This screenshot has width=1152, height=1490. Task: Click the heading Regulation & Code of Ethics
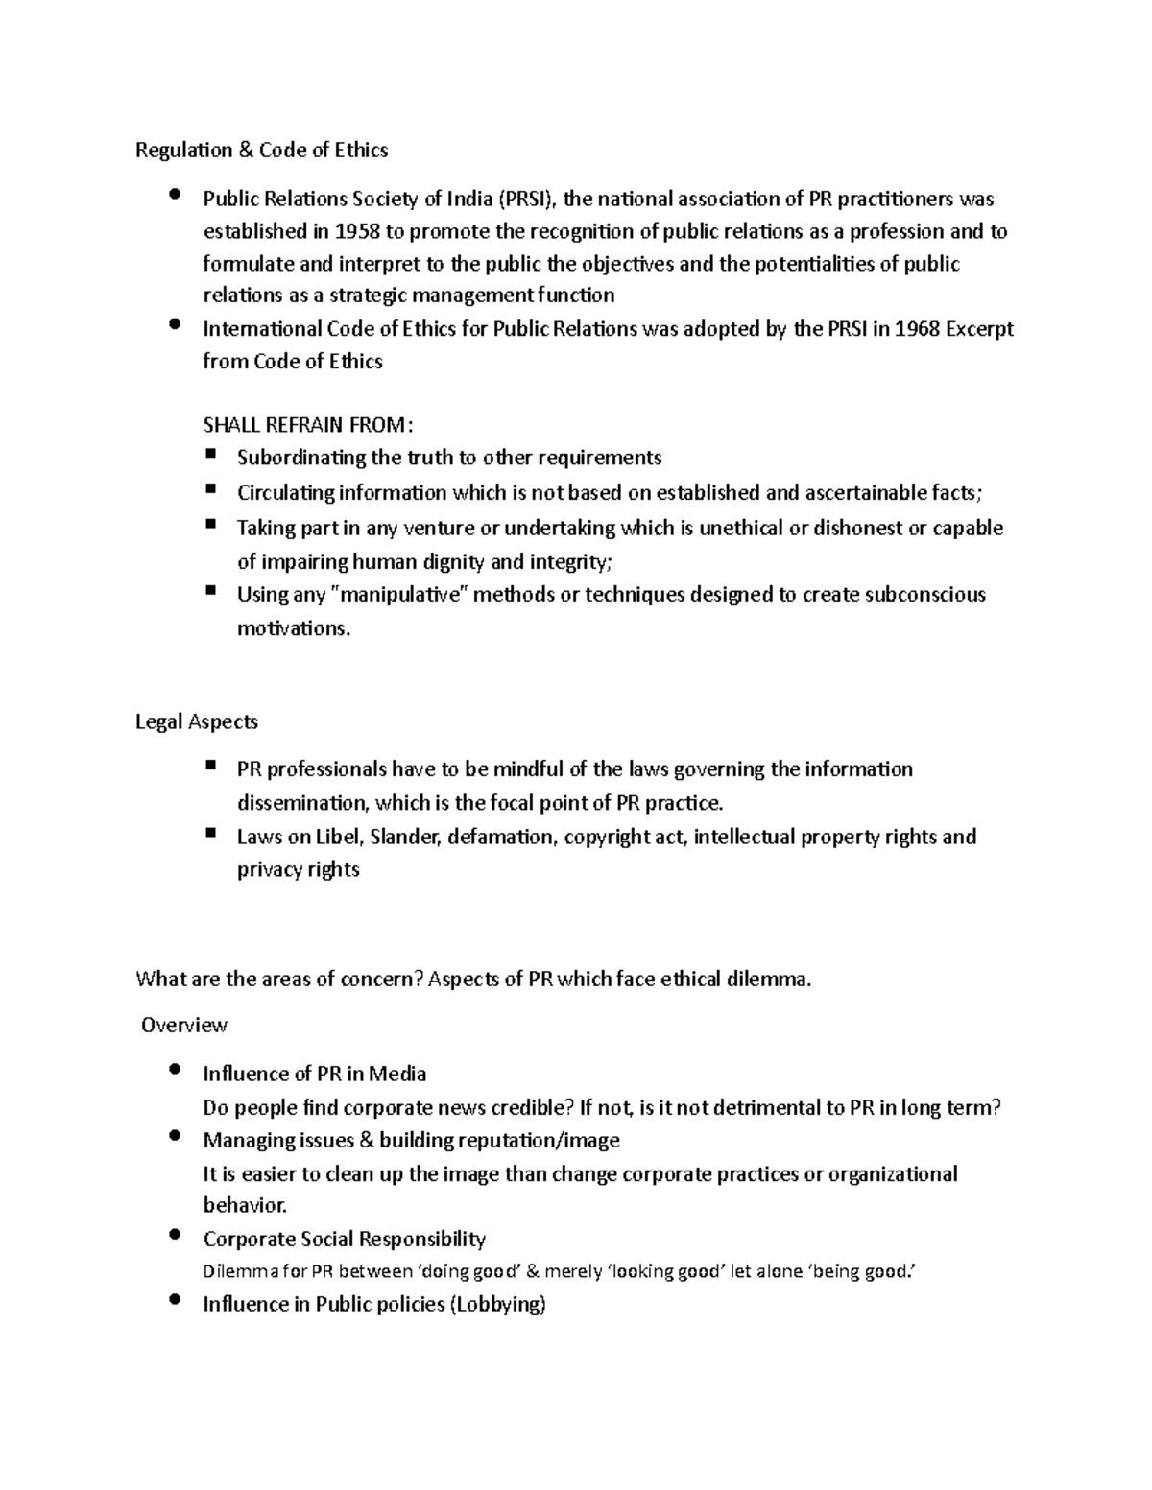point(261,150)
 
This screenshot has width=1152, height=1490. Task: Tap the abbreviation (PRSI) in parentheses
point(526,200)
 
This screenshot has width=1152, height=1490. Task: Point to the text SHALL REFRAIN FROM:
point(309,426)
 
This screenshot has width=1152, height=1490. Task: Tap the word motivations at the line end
point(294,629)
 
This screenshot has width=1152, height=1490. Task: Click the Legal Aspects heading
point(197,721)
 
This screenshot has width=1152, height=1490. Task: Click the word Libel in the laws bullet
point(338,837)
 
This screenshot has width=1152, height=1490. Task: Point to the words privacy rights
point(298,870)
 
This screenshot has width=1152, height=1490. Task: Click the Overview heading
point(183,1026)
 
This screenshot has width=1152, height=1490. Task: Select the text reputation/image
point(539,1141)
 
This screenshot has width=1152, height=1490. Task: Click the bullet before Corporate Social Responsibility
point(174,1236)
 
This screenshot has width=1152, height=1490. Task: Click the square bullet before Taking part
point(211,525)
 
